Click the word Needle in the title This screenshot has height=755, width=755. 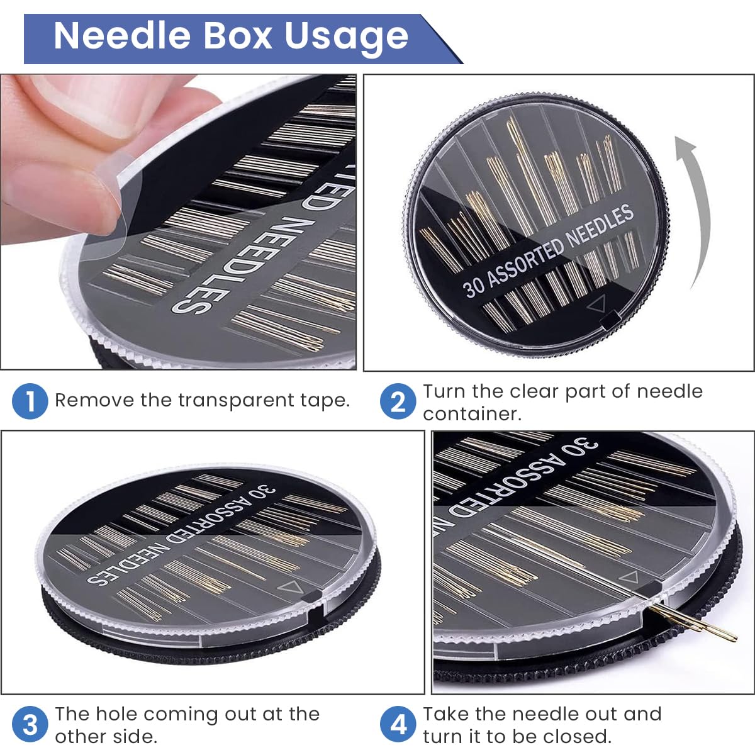pos(122,36)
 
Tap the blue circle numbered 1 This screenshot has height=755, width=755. pos(30,401)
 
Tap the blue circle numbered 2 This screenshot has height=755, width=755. pos(398,401)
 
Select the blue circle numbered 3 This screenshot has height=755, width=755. pos(30,725)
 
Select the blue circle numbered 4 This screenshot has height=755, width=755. pos(398,725)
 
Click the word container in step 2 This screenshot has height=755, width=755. pos(472,415)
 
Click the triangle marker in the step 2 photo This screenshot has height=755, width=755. pos(597,304)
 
